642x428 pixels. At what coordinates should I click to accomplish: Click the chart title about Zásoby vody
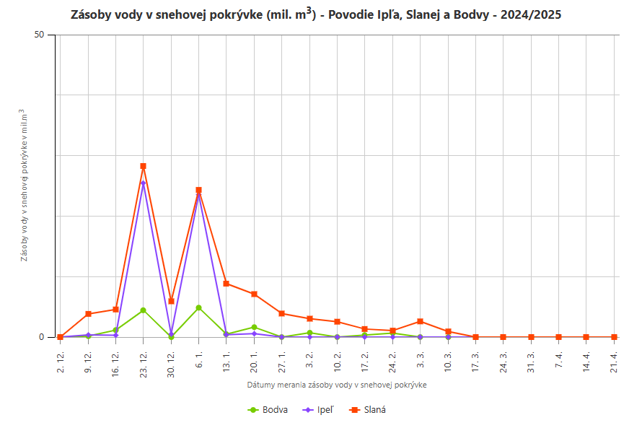pyautogui.click(x=316, y=14)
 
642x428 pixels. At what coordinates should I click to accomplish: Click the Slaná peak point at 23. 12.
pyautogui.click(x=144, y=166)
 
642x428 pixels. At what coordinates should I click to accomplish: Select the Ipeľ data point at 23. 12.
pyautogui.click(x=144, y=183)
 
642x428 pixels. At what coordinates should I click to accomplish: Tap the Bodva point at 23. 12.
pyautogui.click(x=144, y=310)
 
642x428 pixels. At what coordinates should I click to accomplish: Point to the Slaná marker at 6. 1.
pyautogui.click(x=198, y=190)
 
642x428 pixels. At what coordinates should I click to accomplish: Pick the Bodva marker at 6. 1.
pyautogui.click(x=198, y=308)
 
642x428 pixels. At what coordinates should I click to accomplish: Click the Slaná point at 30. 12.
pyautogui.click(x=171, y=301)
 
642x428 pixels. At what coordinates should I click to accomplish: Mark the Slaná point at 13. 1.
pyautogui.click(x=227, y=284)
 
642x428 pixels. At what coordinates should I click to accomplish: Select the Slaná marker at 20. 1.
pyautogui.click(x=254, y=294)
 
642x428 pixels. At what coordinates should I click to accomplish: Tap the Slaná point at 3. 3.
pyautogui.click(x=420, y=321)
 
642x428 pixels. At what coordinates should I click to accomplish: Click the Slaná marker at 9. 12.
pyautogui.click(x=88, y=314)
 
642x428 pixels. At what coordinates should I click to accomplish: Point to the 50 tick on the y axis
pyautogui.click(x=40, y=35)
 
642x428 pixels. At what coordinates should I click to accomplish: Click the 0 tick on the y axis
pyautogui.click(x=42, y=337)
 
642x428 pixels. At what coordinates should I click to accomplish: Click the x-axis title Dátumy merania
pyautogui.click(x=337, y=385)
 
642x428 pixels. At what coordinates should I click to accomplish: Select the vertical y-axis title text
pyautogui.click(x=24, y=185)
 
